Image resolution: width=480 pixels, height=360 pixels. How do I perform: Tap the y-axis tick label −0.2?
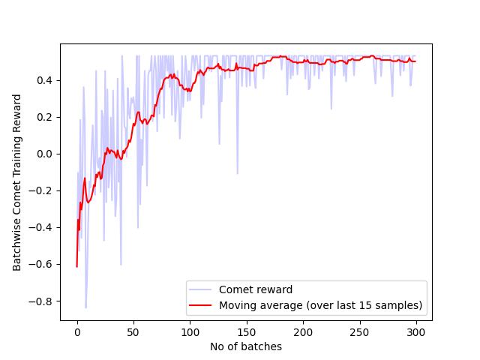(43, 190)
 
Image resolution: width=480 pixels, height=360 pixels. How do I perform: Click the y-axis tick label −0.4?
(43, 227)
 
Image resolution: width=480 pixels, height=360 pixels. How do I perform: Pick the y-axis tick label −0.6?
(43, 264)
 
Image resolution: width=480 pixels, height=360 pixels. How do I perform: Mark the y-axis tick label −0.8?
(43, 301)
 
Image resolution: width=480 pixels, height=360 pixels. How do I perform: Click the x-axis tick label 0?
(77, 332)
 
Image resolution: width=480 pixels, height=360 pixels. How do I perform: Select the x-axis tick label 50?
(133, 332)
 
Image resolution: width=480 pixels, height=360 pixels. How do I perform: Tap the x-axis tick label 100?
(190, 332)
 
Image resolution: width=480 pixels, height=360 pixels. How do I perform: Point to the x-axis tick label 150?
(247, 332)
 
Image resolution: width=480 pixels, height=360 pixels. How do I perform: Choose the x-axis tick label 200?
(303, 332)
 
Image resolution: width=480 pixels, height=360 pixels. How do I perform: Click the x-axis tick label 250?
(359, 332)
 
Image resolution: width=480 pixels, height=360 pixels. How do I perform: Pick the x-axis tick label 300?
(416, 332)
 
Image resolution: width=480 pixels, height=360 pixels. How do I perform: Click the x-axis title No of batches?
(246, 346)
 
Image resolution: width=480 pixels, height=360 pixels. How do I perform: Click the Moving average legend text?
(320, 305)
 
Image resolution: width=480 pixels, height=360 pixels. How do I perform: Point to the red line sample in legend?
(201, 305)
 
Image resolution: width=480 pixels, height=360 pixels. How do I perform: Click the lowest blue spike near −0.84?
(85, 307)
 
